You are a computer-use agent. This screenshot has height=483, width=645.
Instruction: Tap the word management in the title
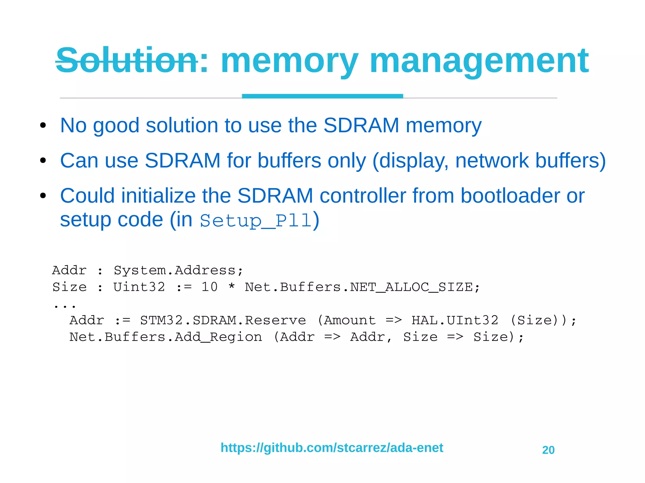pyautogui.click(x=479, y=61)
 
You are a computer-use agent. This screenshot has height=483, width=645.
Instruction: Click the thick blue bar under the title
pyautogui.click(x=322, y=96)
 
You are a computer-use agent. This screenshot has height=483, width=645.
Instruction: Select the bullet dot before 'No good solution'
pyautogui.click(x=43, y=126)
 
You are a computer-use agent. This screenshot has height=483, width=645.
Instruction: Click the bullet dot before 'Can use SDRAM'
pyautogui.click(x=43, y=161)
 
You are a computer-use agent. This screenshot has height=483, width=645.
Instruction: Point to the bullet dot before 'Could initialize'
pyautogui.click(x=43, y=196)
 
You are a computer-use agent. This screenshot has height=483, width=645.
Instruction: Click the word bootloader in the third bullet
pyautogui.click(x=510, y=196)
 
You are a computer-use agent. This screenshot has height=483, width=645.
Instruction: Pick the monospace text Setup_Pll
pyautogui.click(x=256, y=221)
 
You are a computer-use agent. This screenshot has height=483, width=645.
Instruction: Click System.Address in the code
pyautogui.click(x=178, y=270)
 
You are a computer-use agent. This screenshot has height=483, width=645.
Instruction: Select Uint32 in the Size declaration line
pyautogui.click(x=139, y=287)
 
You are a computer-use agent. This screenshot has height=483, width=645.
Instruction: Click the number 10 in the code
pyautogui.click(x=209, y=287)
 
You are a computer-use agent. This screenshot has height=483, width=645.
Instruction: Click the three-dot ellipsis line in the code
pyautogui.click(x=65, y=305)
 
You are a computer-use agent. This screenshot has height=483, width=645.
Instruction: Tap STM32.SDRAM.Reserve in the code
pyautogui.click(x=223, y=320)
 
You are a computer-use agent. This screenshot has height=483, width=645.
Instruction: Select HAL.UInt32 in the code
pyautogui.click(x=455, y=320)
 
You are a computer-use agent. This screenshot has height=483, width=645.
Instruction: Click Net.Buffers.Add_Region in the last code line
pyautogui.click(x=166, y=337)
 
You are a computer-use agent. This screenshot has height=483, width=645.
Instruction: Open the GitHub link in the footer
pyautogui.click(x=332, y=447)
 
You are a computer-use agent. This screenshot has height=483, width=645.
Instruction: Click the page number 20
pyautogui.click(x=548, y=450)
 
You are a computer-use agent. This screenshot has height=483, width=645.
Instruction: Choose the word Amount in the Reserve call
pyautogui.click(x=350, y=320)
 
